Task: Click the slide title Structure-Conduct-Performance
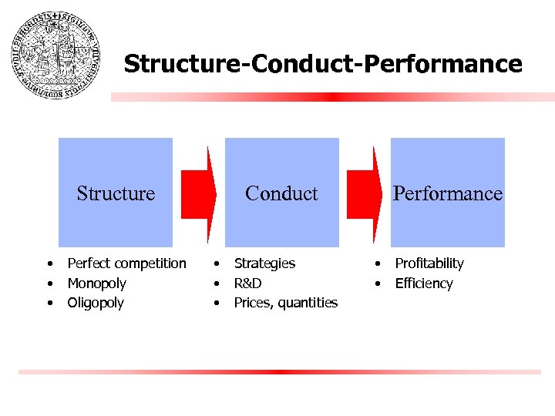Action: click(322, 64)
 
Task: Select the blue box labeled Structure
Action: click(116, 193)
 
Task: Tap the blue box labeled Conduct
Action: click(281, 193)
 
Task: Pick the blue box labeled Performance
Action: click(447, 193)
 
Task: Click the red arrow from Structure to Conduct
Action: click(198, 193)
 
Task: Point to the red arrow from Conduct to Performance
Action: click(365, 193)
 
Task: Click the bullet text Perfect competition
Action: click(126, 263)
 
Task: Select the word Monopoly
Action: click(96, 283)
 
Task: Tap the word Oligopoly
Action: click(96, 303)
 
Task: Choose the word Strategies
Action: click(264, 263)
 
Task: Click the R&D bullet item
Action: click(247, 283)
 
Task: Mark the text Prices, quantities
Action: click(285, 303)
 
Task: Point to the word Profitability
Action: click(429, 263)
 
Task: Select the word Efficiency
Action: click(424, 283)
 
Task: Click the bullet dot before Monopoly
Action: click(49, 283)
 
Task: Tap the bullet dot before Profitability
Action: click(378, 263)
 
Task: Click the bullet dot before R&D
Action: click(217, 283)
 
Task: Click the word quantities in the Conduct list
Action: click(307, 303)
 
